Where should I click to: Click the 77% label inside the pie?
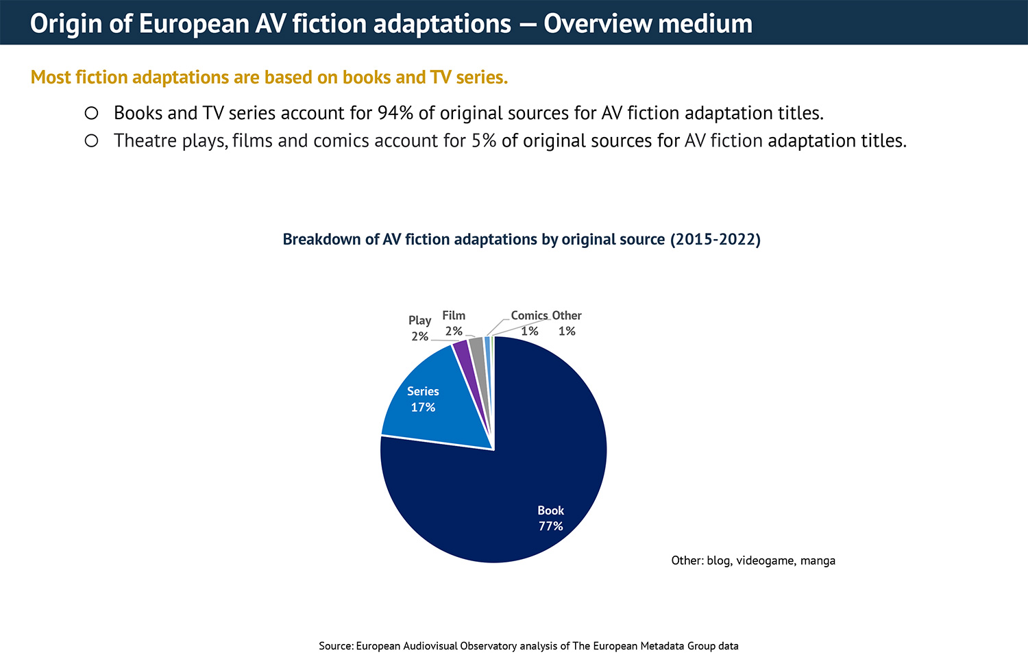point(550,526)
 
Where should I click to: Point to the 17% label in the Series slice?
point(423,408)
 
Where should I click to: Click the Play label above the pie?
point(419,321)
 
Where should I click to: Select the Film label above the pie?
point(454,316)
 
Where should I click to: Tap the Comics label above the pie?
point(529,316)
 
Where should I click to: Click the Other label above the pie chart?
point(567,316)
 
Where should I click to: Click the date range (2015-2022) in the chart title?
point(715,239)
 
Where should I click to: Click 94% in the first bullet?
point(395,113)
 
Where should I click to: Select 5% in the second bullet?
point(484,141)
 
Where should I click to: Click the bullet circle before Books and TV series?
point(91,113)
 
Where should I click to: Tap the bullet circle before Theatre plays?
point(91,141)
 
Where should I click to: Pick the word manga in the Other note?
point(818,560)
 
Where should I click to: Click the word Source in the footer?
point(335,646)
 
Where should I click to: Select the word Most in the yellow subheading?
point(51,77)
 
